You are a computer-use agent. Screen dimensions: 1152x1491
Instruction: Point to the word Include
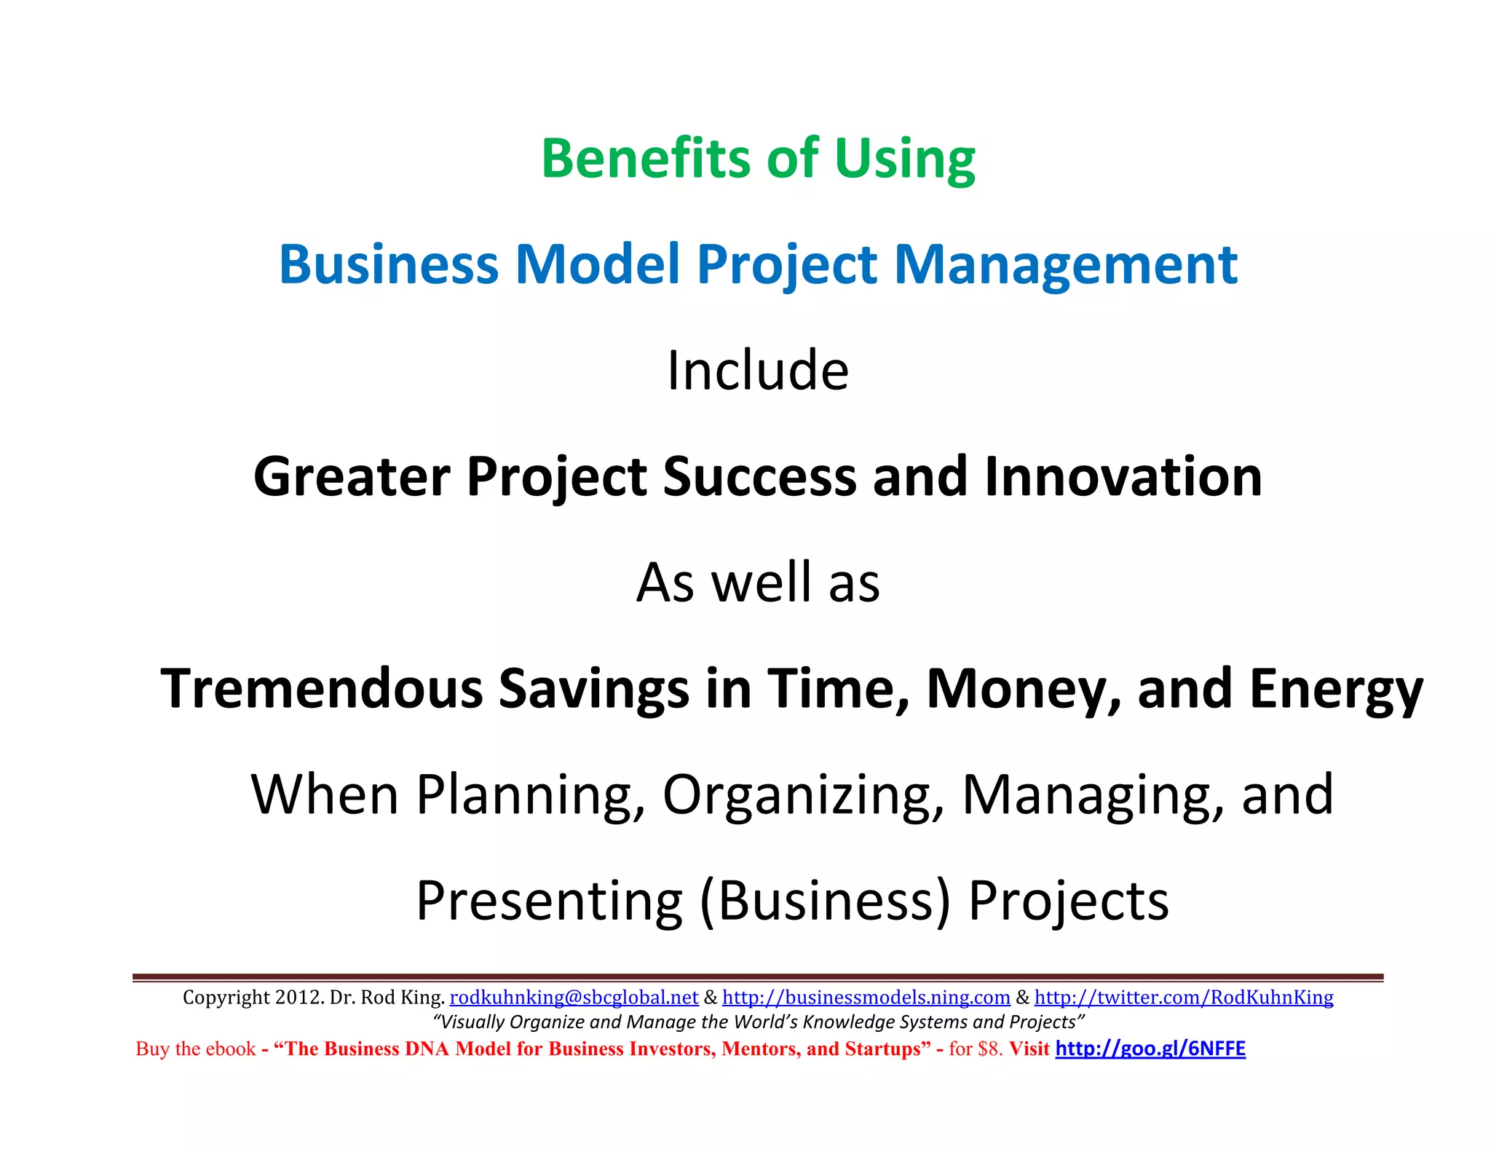758,370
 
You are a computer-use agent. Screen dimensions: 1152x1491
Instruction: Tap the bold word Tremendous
321,688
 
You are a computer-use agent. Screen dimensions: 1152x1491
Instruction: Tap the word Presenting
550,901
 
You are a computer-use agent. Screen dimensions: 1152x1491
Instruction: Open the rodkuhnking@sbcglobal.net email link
574,997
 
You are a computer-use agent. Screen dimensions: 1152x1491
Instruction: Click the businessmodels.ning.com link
866,997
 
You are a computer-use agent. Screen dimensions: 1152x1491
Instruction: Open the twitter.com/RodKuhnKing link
1184,997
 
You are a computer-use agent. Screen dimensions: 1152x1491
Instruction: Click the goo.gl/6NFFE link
1150,1049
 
